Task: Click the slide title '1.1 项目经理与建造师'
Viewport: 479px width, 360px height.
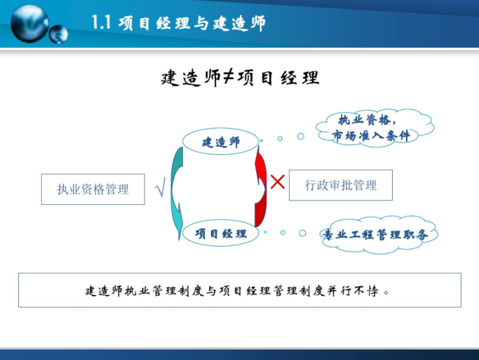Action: (x=178, y=24)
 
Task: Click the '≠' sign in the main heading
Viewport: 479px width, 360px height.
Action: (x=228, y=78)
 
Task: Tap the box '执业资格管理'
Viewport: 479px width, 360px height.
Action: (x=93, y=189)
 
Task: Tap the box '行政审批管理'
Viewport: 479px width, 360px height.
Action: (x=340, y=185)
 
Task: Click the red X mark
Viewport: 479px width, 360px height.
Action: (x=277, y=182)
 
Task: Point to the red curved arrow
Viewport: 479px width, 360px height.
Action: (x=260, y=188)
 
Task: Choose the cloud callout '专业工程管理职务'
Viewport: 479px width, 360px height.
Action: (x=376, y=235)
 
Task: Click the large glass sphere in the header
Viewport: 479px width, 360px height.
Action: (x=30, y=23)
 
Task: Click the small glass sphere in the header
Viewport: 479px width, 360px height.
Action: (x=59, y=33)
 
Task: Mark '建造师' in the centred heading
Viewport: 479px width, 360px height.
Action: (x=190, y=78)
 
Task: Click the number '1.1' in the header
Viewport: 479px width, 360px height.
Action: (x=102, y=24)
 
